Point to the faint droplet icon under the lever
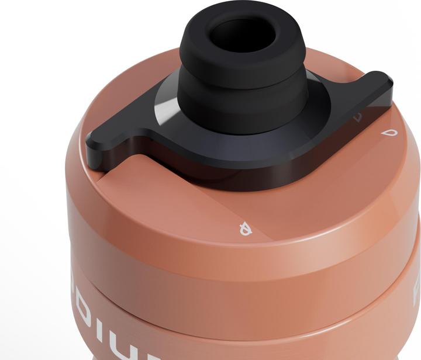coord(358,117)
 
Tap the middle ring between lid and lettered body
coord(234,295)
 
